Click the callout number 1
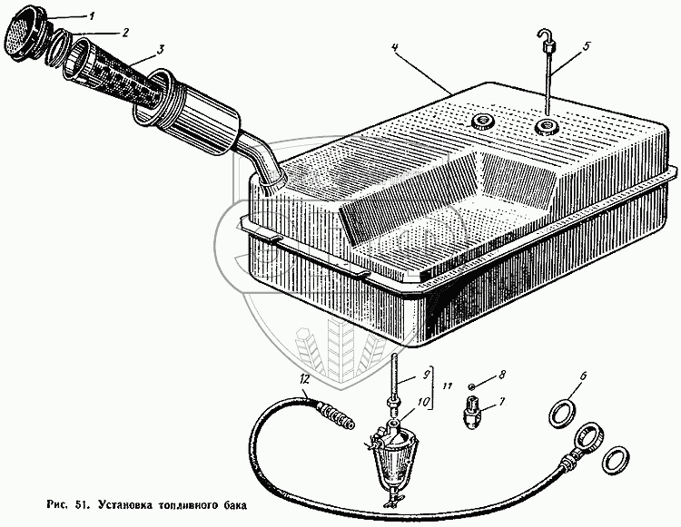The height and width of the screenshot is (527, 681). pos(91,17)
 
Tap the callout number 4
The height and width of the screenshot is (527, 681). pos(395,47)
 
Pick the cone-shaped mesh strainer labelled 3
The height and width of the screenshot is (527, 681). pos(113,74)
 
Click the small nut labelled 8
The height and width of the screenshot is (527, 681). pos(472,385)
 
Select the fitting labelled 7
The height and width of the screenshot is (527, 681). pos(471,412)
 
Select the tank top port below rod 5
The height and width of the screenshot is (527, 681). pos(546,127)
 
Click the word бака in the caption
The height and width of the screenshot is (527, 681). pos(234,505)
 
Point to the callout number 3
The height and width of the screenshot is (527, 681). pos(160,50)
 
